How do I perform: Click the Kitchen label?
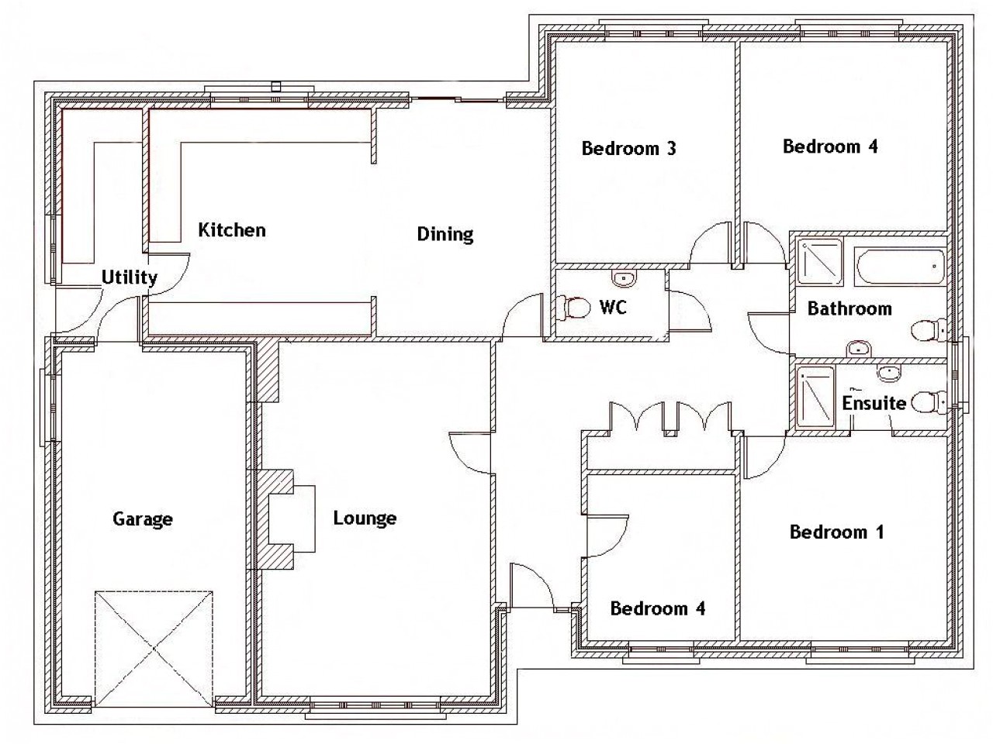[232, 230]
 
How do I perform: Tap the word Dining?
[445, 235]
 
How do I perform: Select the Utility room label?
[130, 277]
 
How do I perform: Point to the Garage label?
[143, 519]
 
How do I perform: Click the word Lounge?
[365, 518]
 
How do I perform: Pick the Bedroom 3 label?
[629, 148]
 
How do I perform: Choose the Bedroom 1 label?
[836, 532]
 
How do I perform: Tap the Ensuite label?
[874, 403]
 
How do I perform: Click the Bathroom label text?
[849, 308]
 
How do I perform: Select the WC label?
[613, 307]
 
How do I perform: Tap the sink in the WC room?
[625, 277]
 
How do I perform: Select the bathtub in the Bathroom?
[899, 267]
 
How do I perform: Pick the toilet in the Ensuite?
[929, 402]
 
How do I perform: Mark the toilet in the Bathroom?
[929, 330]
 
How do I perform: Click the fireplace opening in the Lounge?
[292, 518]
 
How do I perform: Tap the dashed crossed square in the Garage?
[154, 649]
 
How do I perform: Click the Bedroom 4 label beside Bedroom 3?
[830, 146]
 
